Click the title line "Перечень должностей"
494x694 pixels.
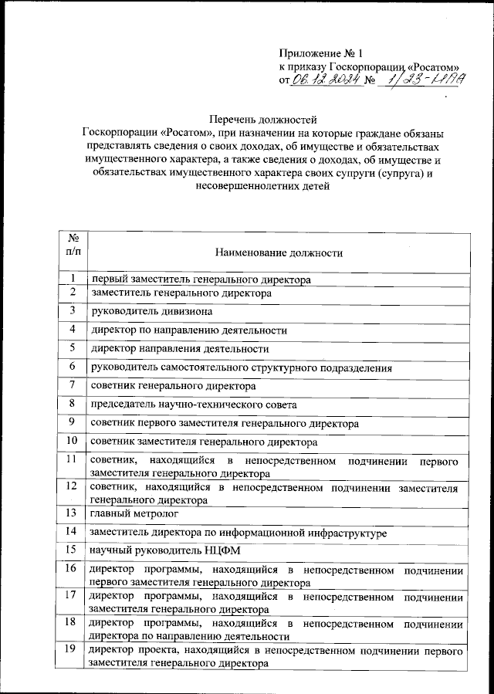[x=263, y=120]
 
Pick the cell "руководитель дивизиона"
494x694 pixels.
[x=151, y=312]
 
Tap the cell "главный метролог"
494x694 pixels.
[x=134, y=513]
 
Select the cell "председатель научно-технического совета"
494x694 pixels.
[x=194, y=405]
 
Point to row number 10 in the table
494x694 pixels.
[x=72, y=442]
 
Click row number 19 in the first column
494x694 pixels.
[x=72, y=650]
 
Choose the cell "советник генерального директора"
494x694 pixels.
[x=173, y=385]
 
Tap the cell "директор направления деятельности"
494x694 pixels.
[x=180, y=349]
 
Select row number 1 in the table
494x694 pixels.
[x=72, y=278]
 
